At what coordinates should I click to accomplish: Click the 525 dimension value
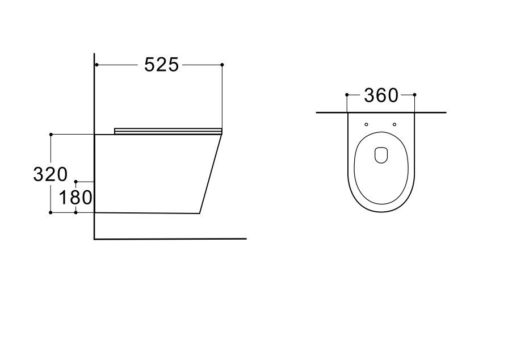161,65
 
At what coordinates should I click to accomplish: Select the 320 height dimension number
50,174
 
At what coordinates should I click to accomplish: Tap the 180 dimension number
75,198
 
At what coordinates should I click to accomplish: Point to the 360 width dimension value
381,95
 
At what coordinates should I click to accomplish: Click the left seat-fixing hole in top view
367,124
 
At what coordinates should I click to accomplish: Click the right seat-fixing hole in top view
394,124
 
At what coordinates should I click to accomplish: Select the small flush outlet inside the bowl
381,155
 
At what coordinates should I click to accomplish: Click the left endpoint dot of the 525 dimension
96,65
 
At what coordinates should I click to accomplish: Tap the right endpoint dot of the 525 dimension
222,65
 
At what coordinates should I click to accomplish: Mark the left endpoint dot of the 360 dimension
347,95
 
